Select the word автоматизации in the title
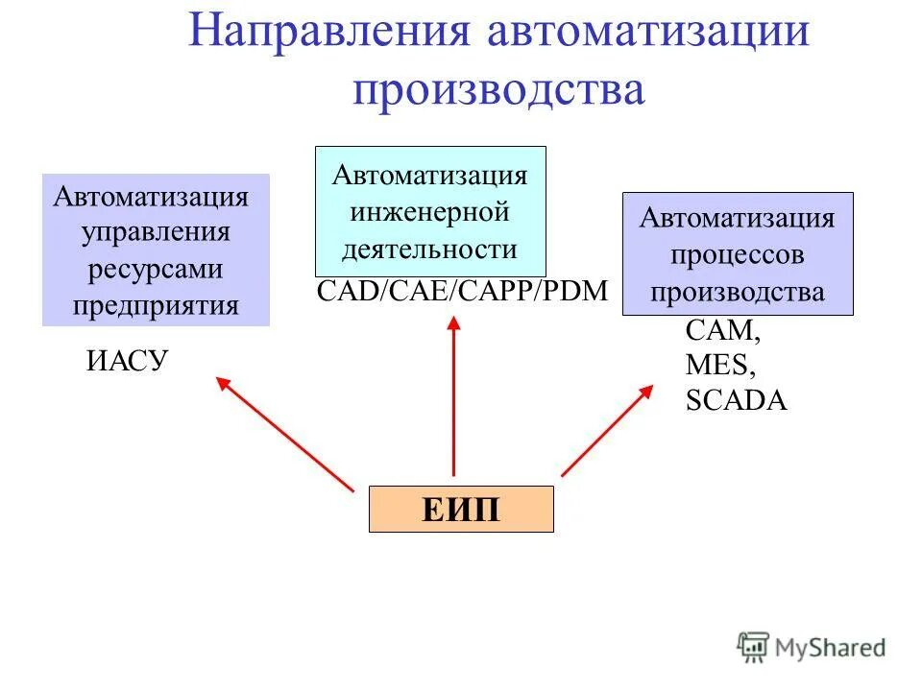pyautogui.click(x=649, y=33)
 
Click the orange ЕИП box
pyautogui.click(x=461, y=509)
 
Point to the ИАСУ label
pyautogui.click(x=128, y=361)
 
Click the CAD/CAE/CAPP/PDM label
pyautogui.click(x=462, y=292)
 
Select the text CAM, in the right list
pyautogui.click(x=722, y=331)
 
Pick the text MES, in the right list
pyautogui.click(x=720, y=366)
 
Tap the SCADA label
pyautogui.click(x=736, y=400)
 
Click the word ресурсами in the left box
pyautogui.click(x=156, y=270)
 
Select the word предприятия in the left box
pyautogui.click(x=156, y=305)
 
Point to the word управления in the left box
pyautogui.click(x=156, y=233)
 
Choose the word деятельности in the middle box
pyautogui.click(x=430, y=250)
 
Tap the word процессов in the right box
pyautogui.click(x=737, y=255)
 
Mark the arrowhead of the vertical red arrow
pyautogui.click(x=453, y=324)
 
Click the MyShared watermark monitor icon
pyautogui.click(x=755, y=647)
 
